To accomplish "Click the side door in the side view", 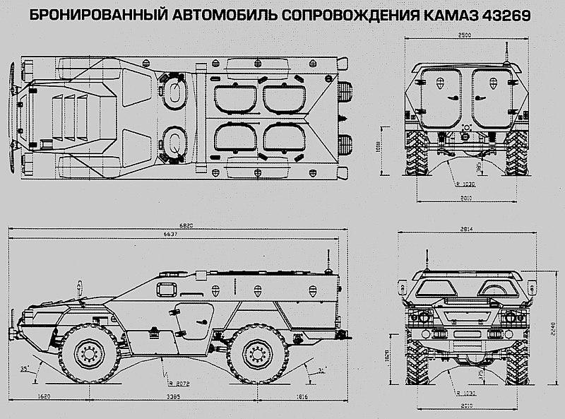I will click(191, 318).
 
